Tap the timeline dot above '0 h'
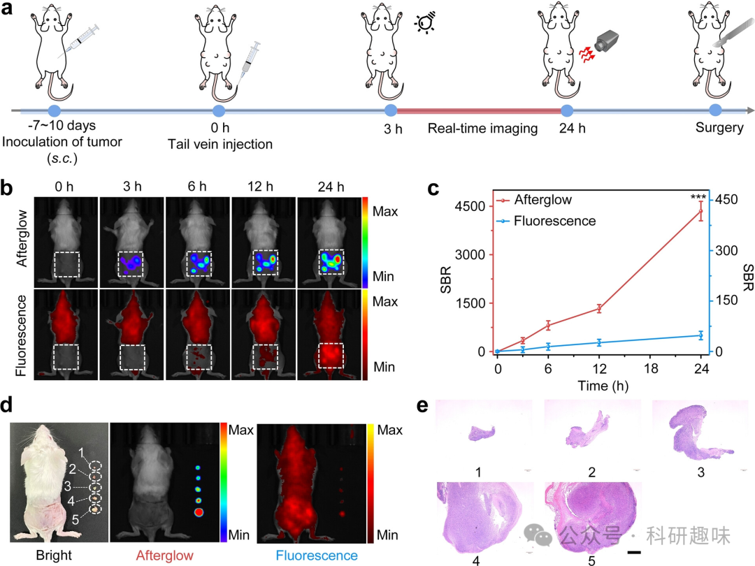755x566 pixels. coord(219,111)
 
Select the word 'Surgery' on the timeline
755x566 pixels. coord(719,129)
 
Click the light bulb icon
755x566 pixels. coord(424,25)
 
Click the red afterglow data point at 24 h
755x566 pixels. coord(701,211)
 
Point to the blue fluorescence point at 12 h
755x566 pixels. coord(599,342)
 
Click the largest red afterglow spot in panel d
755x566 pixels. coord(199,513)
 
